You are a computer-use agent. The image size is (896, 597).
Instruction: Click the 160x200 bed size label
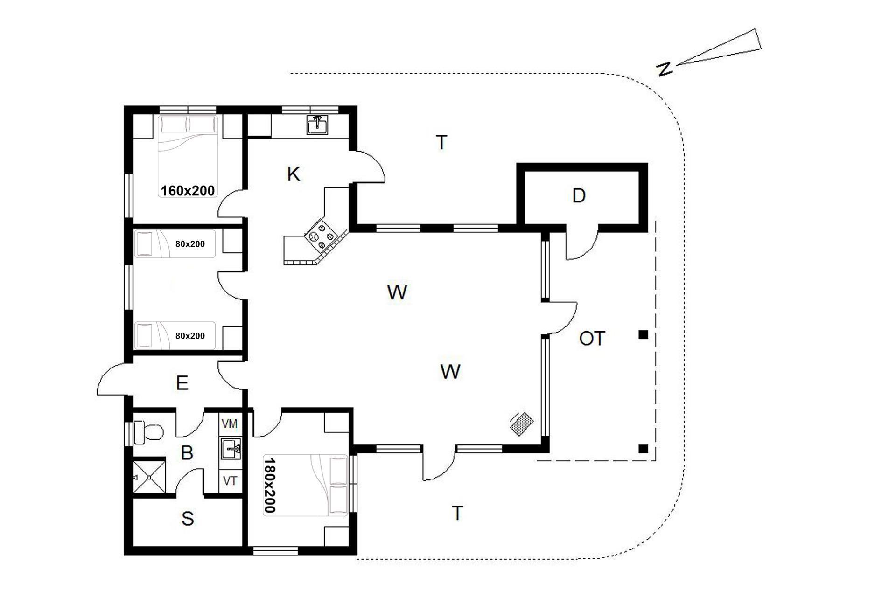[x=188, y=190]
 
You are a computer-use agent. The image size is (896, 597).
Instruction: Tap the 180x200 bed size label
[x=269, y=485]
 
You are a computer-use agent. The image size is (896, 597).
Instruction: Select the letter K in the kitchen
[x=294, y=174]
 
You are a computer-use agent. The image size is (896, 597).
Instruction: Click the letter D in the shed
[x=579, y=196]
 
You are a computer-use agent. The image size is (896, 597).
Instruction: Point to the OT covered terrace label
[x=592, y=339]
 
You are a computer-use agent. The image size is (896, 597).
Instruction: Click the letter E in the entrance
[x=182, y=383]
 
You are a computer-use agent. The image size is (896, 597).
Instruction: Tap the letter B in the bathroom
[x=187, y=453]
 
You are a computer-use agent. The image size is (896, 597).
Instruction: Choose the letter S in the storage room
[x=188, y=519]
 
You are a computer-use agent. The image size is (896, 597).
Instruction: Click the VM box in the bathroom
[x=230, y=423]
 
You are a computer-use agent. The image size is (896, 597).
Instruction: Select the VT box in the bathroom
[x=230, y=481]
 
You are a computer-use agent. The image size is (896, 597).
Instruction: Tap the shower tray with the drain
[x=149, y=477]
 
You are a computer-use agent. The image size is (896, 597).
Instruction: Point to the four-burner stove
[x=321, y=234]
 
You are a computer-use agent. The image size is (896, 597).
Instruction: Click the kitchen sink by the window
[x=317, y=125]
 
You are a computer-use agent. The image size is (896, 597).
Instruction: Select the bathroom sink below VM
[x=230, y=450]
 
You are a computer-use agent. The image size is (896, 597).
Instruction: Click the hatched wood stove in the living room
[x=522, y=423]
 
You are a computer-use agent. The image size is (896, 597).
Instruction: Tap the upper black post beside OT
[x=644, y=334]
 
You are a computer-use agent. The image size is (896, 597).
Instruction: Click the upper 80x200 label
[x=190, y=243]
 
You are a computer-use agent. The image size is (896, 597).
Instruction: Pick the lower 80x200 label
[x=190, y=335]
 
